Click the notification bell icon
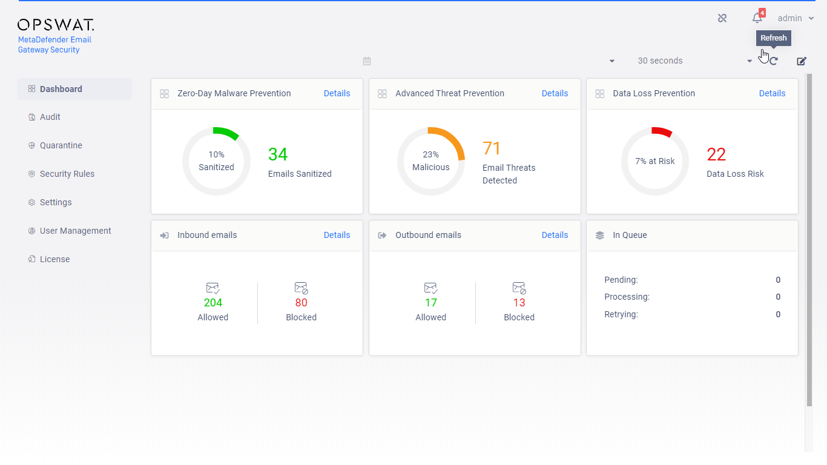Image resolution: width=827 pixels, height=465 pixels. (x=757, y=18)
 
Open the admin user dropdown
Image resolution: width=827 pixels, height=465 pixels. (x=796, y=18)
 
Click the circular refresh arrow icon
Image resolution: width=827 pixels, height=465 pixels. (x=774, y=61)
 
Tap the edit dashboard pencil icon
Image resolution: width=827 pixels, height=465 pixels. (x=802, y=61)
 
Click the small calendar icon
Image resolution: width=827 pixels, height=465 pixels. (x=367, y=61)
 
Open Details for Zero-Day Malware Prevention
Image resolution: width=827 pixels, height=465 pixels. (x=337, y=93)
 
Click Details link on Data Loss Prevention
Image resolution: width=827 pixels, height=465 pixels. (x=772, y=93)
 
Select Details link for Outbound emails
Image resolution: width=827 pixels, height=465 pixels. (x=555, y=236)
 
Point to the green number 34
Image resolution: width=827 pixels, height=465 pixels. (x=278, y=154)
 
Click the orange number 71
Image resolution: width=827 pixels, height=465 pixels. (x=492, y=148)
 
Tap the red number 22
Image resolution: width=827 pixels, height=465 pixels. (x=716, y=154)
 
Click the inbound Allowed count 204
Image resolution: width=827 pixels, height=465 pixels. (x=213, y=303)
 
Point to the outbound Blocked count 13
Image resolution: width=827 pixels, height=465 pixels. (x=519, y=303)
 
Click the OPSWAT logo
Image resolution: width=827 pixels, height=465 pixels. (x=56, y=25)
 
